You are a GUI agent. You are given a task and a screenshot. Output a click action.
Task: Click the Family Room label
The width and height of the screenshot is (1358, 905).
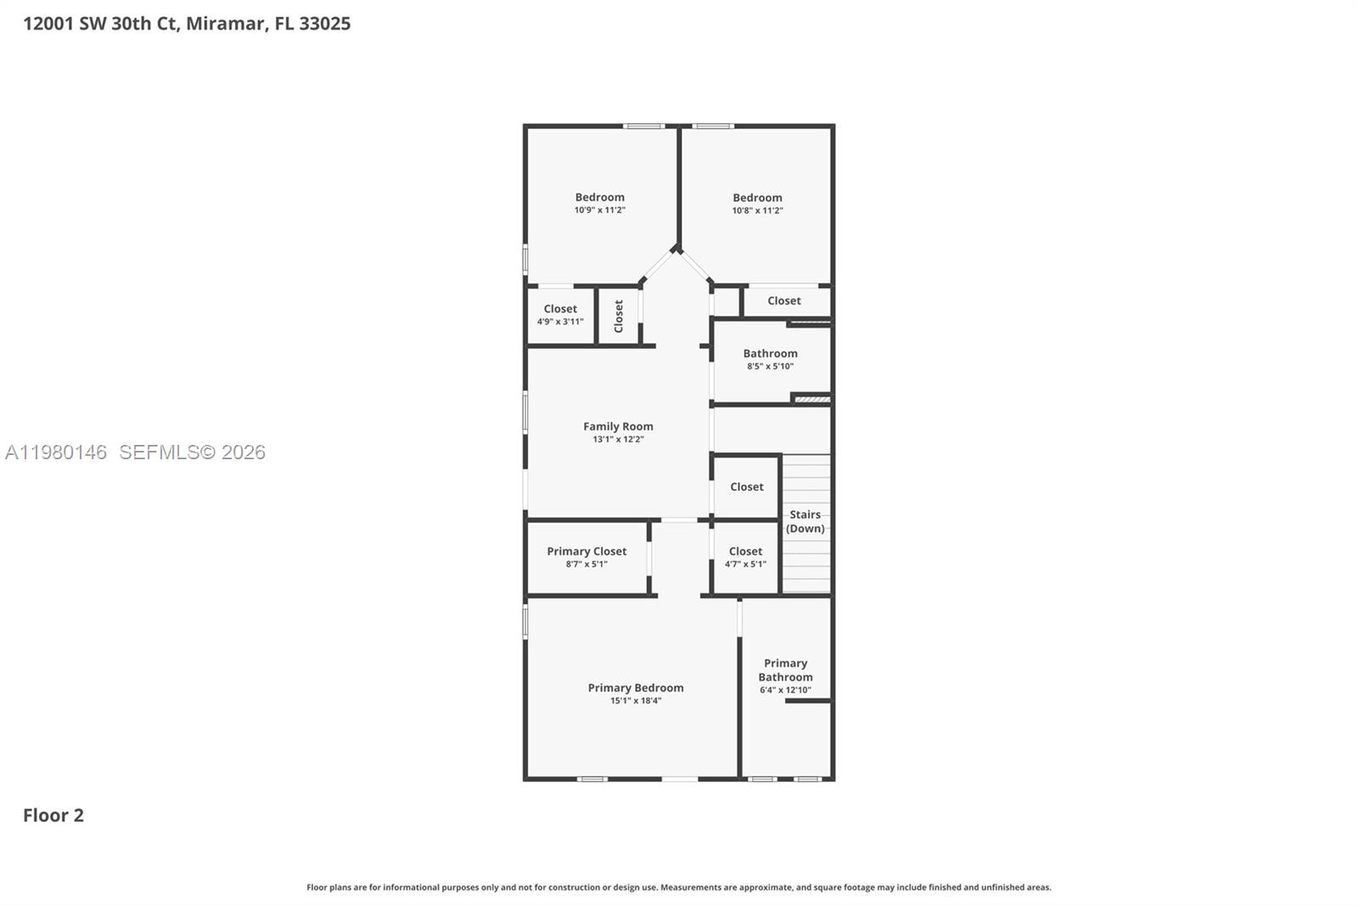tap(618, 426)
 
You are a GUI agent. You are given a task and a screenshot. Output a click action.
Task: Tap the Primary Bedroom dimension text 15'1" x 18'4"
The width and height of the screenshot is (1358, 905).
tap(635, 700)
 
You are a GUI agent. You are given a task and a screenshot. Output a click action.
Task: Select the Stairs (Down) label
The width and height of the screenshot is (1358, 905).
tap(805, 520)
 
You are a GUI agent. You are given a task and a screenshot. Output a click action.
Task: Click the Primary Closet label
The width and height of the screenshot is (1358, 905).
tap(586, 551)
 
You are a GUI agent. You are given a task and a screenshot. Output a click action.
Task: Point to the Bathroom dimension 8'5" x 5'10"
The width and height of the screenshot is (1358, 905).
tap(770, 366)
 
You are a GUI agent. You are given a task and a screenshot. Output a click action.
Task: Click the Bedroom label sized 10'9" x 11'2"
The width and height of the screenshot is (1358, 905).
tap(599, 197)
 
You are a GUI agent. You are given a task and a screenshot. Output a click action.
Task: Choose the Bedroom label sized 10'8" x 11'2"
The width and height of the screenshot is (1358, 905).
tap(757, 198)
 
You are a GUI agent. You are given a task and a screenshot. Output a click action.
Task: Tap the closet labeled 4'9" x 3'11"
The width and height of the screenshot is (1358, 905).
tap(560, 309)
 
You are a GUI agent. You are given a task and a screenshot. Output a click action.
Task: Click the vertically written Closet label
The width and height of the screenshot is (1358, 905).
tap(619, 316)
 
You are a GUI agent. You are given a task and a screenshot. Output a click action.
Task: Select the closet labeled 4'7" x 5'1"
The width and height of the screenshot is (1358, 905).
tap(745, 551)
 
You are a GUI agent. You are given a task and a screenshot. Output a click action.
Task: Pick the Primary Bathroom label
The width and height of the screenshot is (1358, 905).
tap(785, 670)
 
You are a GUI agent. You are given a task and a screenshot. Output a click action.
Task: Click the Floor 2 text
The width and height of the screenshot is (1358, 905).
tap(53, 815)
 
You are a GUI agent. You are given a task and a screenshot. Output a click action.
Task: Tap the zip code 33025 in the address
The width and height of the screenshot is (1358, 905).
tap(324, 23)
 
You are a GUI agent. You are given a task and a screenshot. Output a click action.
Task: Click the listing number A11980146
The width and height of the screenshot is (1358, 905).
tap(56, 452)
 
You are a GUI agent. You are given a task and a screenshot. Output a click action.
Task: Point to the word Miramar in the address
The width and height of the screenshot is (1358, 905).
tap(225, 23)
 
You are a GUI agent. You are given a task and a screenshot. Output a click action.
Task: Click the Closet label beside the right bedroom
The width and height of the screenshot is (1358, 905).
tap(783, 301)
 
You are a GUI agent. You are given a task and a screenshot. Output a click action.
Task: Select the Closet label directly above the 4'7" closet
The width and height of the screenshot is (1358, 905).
tap(746, 486)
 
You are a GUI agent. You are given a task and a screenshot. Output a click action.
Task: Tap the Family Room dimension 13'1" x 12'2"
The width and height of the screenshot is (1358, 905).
tap(618, 439)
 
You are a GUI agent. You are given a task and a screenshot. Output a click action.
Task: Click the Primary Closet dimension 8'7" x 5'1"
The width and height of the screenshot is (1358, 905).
tap(586, 564)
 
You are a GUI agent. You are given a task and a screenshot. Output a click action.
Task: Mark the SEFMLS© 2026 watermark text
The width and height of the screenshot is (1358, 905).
tap(192, 452)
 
